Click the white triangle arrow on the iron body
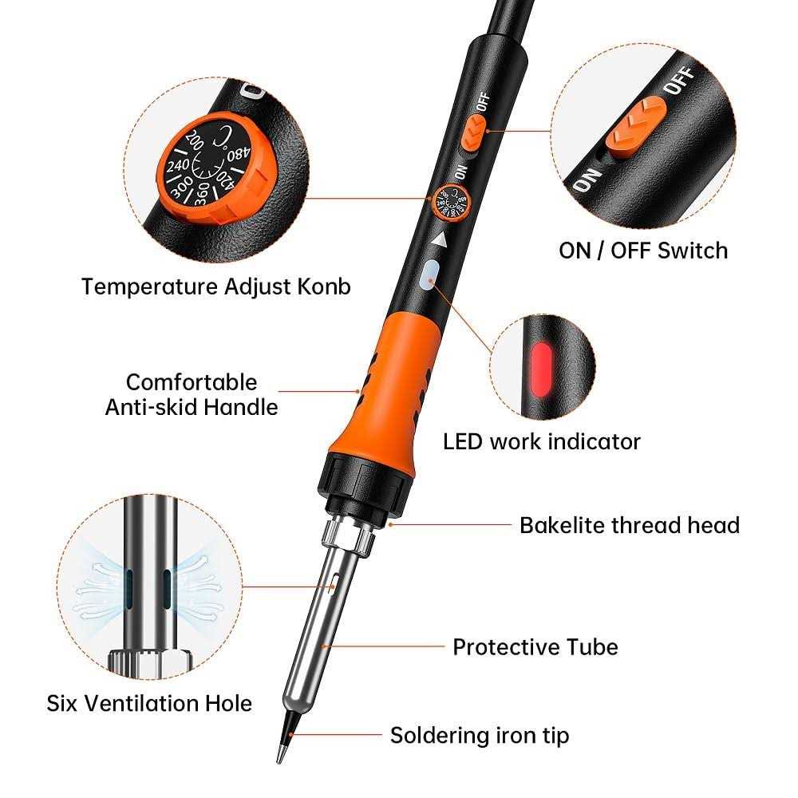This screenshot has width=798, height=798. coord(440,239)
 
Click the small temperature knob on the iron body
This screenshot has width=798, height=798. coord(450,202)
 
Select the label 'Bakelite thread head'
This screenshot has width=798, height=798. coord(630,525)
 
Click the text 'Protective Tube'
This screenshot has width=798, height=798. coord(535,647)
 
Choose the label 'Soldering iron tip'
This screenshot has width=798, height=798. coord(480,736)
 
